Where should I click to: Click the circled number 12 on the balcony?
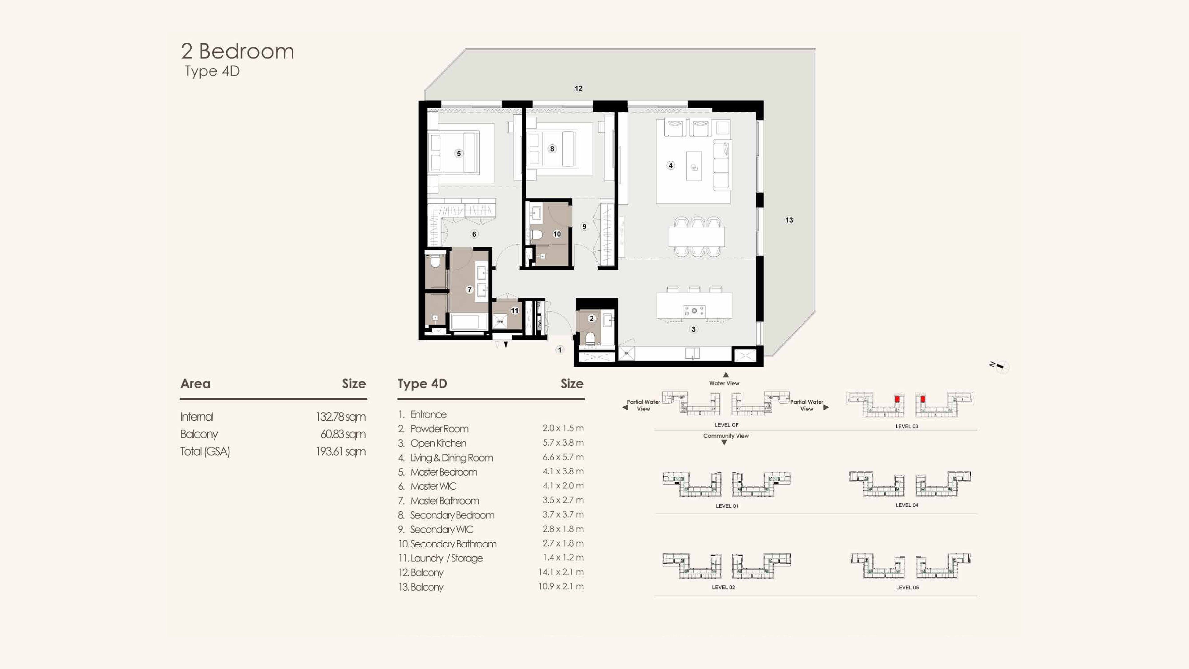(578, 88)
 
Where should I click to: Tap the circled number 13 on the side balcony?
(789, 220)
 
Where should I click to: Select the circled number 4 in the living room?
(671, 165)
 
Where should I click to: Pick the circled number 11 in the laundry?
(515, 311)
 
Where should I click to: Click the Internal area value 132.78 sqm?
(341, 417)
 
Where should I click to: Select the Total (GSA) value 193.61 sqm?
(341, 452)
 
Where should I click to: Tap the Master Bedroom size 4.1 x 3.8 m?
(563, 471)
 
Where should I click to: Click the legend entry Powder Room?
(439, 429)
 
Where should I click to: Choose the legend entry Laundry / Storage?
(446, 558)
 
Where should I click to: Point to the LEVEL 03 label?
(907, 426)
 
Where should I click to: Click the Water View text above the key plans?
(724, 383)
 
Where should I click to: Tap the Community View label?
(726, 436)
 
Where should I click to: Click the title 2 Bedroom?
(237, 51)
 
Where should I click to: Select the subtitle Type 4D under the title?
(212, 71)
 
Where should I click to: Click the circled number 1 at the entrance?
(560, 350)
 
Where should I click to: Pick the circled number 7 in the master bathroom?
(469, 290)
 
